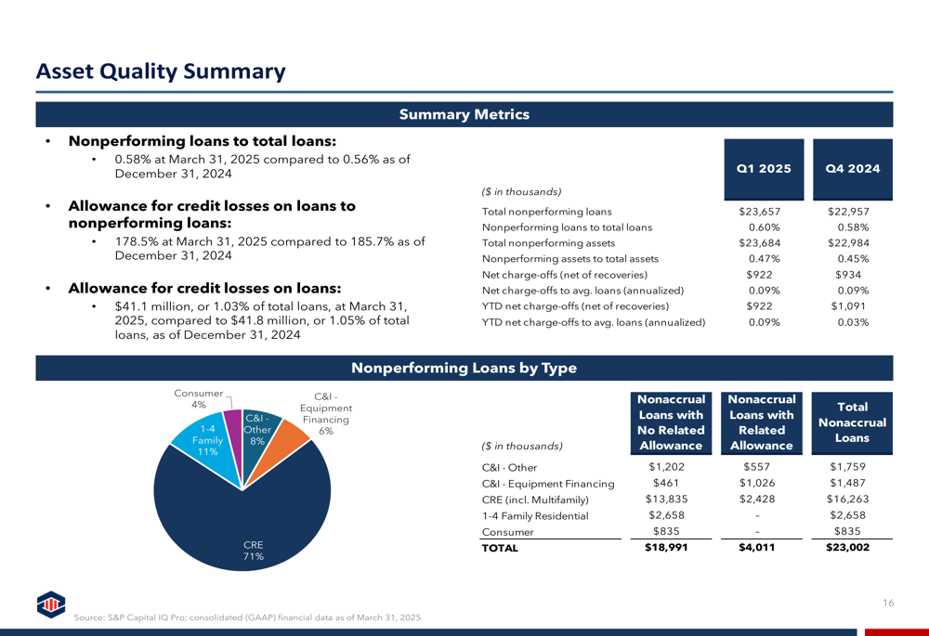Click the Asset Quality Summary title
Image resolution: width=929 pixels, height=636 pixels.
(x=161, y=71)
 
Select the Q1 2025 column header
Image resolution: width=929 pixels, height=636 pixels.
(x=764, y=169)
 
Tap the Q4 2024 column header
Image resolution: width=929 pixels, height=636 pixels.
(x=853, y=169)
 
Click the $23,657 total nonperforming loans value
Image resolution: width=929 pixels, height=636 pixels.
(x=760, y=212)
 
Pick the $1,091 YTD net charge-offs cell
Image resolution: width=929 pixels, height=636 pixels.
(x=848, y=306)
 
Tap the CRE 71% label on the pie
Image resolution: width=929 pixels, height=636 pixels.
(x=253, y=551)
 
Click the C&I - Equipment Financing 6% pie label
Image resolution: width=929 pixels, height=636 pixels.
(x=326, y=413)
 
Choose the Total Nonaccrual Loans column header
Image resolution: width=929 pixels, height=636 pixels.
(x=852, y=422)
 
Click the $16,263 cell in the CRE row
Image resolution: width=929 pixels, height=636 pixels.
(x=847, y=500)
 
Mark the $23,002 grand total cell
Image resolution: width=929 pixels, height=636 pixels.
(x=848, y=547)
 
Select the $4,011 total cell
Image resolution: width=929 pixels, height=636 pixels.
(x=756, y=547)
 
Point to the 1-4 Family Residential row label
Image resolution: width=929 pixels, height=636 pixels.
(x=535, y=516)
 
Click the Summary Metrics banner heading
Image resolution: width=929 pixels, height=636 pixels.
(x=464, y=114)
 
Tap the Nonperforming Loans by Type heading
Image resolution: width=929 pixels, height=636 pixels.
(x=464, y=368)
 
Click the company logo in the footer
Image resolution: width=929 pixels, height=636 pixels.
(x=51, y=604)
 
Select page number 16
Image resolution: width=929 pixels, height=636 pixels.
(x=888, y=603)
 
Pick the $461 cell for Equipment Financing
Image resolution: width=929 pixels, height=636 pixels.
(x=666, y=483)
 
